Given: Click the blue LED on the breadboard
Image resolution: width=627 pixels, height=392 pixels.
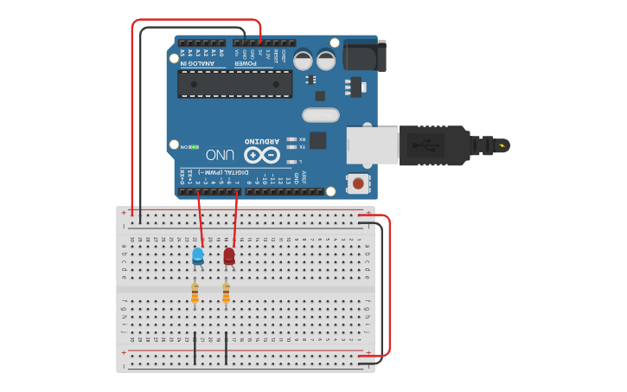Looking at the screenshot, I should click(x=198, y=254).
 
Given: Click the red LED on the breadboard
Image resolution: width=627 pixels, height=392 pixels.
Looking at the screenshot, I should click(x=228, y=255).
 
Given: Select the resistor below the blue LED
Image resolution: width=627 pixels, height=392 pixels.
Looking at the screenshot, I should click(x=195, y=293).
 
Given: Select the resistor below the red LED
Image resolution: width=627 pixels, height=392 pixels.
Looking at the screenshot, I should click(x=226, y=293).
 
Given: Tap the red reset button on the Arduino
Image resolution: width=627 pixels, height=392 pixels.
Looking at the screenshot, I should click(x=355, y=183).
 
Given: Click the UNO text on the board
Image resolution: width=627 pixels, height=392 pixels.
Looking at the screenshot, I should click(x=221, y=154).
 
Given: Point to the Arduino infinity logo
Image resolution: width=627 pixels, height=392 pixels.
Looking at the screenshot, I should click(x=261, y=155).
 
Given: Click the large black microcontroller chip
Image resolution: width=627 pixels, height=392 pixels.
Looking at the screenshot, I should click(x=234, y=83).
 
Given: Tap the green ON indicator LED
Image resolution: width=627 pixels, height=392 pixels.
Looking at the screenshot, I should click(x=195, y=147).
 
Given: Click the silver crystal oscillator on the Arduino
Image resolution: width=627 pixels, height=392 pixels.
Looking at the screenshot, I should click(x=320, y=114).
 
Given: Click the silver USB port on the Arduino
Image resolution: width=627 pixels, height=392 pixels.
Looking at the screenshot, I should click(x=373, y=144).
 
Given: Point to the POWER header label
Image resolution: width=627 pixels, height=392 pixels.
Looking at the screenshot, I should click(x=246, y=62).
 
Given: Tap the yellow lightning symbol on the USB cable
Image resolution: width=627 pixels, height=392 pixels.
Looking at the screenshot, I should click(x=504, y=144).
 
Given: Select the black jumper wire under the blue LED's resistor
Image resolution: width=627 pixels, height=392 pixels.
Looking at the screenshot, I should click(x=195, y=346).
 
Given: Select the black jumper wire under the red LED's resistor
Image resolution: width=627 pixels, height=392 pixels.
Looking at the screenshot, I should click(x=226, y=346).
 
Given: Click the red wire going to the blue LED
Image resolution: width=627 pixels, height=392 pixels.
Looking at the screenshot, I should click(x=200, y=216).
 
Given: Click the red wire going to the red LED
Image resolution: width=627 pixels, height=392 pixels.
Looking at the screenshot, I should click(x=236, y=216).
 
